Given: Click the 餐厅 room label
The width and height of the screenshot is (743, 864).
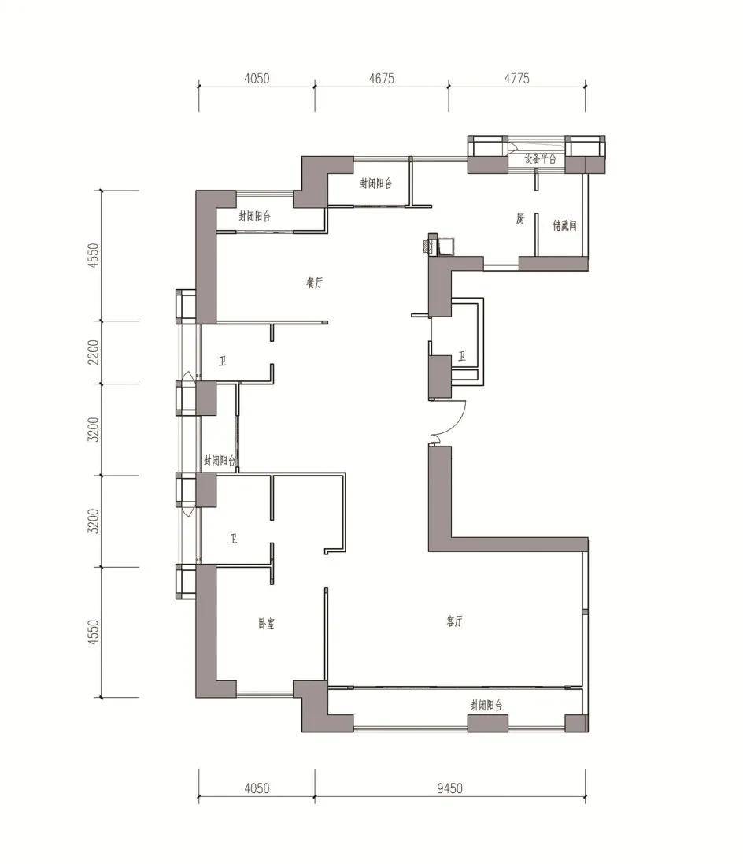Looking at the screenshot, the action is pyautogui.click(x=315, y=284).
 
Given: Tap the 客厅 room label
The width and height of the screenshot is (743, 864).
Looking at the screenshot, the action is pyautogui.click(x=454, y=621).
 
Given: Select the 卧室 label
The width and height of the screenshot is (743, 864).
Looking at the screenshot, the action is pyautogui.click(x=267, y=624).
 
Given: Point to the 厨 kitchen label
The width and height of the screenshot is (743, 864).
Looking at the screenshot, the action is pyautogui.click(x=520, y=219).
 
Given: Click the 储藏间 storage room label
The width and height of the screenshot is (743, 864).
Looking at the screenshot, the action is pyautogui.click(x=564, y=225).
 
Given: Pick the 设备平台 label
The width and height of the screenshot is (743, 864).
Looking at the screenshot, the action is pyautogui.click(x=540, y=159).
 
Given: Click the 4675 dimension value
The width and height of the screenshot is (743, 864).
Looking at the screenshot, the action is pyautogui.click(x=381, y=79).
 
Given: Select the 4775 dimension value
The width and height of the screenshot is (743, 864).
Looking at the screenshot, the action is pyautogui.click(x=516, y=79).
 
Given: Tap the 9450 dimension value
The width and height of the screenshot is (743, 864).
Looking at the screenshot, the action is pyautogui.click(x=450, y=788).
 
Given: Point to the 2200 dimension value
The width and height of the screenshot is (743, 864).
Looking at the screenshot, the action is pyautogui.click(x=94, y=351).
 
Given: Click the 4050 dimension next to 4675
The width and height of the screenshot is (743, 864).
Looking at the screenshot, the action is pyautogui.click(x=257, y=79).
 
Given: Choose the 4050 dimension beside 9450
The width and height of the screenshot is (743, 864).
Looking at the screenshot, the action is pyautogui.click(x=257, y=788).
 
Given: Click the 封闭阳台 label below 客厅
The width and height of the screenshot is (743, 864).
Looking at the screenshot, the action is pyautogui.click(x=486, y=706).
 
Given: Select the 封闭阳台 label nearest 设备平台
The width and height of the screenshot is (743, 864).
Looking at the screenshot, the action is pyautogui.click(x=376, y=184).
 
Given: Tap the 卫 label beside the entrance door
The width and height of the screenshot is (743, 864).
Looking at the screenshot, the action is pyautogui.click(x=461, y=357).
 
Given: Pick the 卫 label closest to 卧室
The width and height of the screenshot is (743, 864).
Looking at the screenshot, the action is pyautogui.click(x=234, y=539).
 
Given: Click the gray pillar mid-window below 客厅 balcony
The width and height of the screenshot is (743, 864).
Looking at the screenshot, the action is pyautogui.click(x=488, y=724).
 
